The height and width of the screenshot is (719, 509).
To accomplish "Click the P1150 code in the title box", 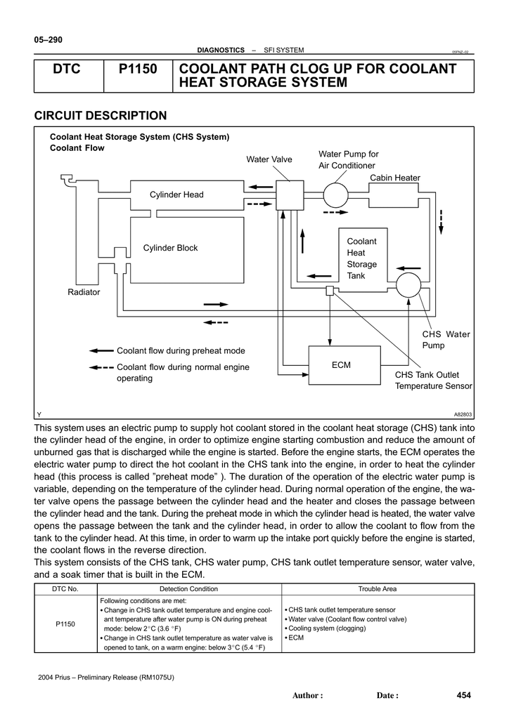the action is (138, 70).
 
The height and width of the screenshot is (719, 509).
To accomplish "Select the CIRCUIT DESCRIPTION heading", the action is (101, 116).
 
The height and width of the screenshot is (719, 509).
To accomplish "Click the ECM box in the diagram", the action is (344, 365).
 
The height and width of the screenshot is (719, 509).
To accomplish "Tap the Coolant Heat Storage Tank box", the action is (363, 260).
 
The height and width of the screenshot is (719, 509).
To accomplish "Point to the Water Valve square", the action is (290, 195).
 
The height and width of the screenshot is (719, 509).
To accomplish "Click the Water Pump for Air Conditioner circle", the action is (336, 195).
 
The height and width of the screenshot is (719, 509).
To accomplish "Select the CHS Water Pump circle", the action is (408, 285).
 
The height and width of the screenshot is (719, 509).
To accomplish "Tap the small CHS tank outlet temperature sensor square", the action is (330, 290).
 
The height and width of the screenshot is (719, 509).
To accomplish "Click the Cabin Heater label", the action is (395, 178).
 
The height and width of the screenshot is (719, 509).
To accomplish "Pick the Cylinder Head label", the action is (176, 194).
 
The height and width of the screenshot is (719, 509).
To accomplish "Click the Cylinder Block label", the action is (170, 248).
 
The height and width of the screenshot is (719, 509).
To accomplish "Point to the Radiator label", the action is (84, 292).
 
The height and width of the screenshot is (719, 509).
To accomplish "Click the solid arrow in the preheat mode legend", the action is (101, 351).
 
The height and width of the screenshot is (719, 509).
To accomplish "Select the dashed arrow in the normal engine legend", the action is (101, 367).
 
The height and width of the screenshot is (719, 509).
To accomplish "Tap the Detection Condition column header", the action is (188, 589).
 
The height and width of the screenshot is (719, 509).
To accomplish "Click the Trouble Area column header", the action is (378, 589).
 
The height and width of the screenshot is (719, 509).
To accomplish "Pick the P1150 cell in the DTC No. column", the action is (65, 624).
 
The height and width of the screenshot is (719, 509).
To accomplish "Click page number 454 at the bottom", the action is (464, 695).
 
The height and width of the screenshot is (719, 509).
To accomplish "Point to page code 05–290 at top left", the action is (49, 40).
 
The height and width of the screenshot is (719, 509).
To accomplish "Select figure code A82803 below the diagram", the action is (463, 414).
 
